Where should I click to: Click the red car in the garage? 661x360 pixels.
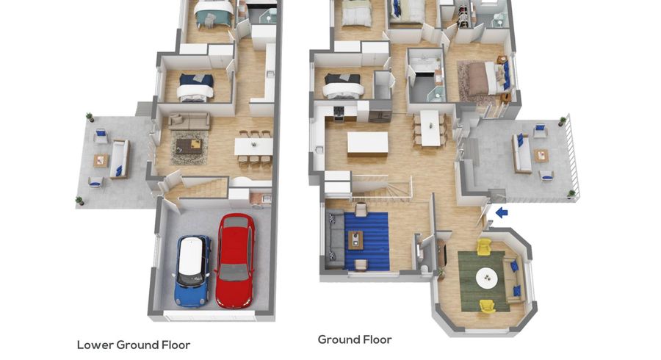pos(235,261)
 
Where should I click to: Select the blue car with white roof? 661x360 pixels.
pos(192,270)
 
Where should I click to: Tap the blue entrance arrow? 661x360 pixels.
pos(502,212)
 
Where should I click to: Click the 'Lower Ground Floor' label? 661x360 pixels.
pos(134,345)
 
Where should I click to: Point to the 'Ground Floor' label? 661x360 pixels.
pos(355,339)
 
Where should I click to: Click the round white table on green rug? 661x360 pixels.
pos(487,278)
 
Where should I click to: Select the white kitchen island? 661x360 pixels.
pos(368,144)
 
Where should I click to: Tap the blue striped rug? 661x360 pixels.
pos(366,241)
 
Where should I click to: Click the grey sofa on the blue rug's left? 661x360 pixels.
pos(335,240)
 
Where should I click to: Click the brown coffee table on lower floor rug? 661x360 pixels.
pos(189,146)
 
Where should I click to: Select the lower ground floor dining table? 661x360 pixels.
pos(254,146)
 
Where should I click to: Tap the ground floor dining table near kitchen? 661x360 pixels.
pos(430,128)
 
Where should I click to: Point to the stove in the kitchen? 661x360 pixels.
pos(339,113)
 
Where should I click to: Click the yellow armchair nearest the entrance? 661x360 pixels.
pos(485,247)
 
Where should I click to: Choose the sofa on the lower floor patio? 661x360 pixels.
pos(120,159)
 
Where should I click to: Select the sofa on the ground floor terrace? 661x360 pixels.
pos(521,153)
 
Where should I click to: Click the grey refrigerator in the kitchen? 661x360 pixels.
pos(380,112)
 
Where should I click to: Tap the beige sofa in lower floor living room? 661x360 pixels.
pos(189,121)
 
